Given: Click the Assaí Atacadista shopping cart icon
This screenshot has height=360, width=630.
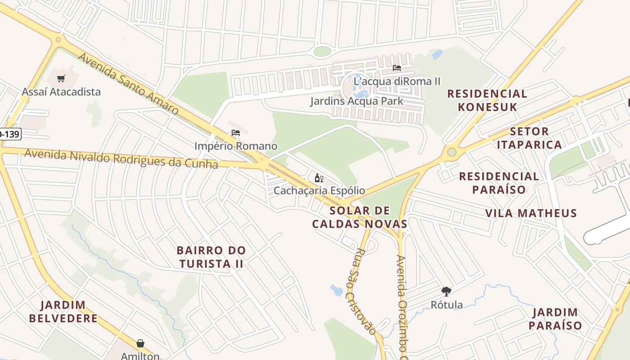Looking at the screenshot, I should click(61, 79).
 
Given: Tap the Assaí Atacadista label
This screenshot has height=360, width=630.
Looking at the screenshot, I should click(61, 92).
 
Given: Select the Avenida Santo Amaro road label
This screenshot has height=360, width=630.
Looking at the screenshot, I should click(128, 84).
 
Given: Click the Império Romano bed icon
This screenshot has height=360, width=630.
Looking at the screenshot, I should click(236, 133).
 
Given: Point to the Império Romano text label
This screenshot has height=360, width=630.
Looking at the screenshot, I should click(236, 146).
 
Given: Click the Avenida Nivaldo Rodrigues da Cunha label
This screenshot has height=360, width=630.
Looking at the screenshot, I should click(121, 159).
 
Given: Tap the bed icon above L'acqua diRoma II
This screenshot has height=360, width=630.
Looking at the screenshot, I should click(396, 68).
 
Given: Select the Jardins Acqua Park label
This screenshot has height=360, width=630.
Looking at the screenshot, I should click(356, 101).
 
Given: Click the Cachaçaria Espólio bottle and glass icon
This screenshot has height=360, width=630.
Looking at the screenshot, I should click(319, 178).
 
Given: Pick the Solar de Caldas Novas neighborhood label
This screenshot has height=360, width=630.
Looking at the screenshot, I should click(360, 217).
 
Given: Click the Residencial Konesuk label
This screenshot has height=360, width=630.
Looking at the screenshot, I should click(487, 100).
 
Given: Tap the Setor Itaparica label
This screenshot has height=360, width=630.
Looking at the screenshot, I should click(535, 138).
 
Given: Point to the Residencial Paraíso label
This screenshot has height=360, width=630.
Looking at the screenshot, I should click(499, 183).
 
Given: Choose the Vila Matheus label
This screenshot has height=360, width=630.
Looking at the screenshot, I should click(531, 213).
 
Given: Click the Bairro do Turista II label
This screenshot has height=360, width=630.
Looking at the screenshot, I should click(211, 257).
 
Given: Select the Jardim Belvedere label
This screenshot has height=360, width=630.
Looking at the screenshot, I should click(63, 312).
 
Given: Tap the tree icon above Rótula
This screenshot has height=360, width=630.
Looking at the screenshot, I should click(446, 292).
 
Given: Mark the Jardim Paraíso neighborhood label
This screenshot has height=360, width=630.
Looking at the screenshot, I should click(555, 319).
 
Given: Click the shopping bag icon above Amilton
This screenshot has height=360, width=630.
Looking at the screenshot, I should click(140, 343).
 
